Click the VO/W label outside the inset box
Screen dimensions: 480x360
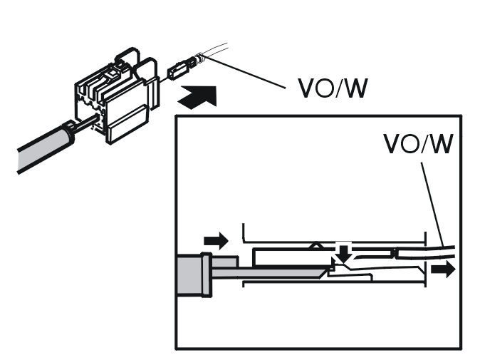point(333,88)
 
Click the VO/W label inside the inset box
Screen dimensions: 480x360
point(418,144)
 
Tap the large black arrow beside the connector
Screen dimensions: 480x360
point(198,97)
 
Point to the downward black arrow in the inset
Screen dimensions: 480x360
point(344,253)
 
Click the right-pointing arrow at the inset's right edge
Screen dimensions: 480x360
point(443,269)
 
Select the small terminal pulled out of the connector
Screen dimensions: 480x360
point(181,68)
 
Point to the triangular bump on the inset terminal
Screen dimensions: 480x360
point(316,245)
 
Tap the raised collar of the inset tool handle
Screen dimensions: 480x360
point(207,275)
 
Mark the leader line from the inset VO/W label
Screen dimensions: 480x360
point(433,205)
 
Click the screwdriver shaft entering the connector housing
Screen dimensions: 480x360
point(85,123)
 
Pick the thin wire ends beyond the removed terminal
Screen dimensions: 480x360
point(215,49)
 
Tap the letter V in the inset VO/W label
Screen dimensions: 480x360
point(392,144)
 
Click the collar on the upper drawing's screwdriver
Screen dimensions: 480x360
point(69,133)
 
